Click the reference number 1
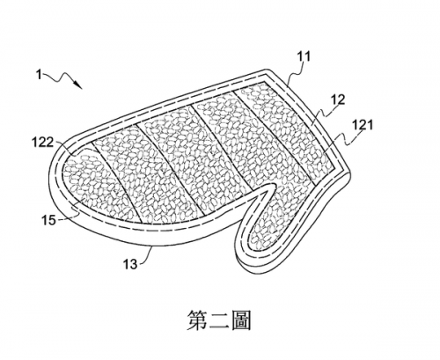click(x=39, y=75)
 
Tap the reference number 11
click(x=304, y=56)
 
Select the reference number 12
click(x=338, y=99)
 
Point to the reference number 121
click(x=363, y=125)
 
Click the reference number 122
click(x=42, y=143)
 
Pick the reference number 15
click(x=48, y=220)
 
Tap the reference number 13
click(x=130, y=264)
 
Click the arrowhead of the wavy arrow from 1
click(x=78, y=84)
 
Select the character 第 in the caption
click(x=197, y=320)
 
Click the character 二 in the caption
click(x=219, y=320)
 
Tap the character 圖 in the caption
click(x=241, y=320)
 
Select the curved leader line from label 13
click(x=147, y=254)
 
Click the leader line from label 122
click(x=64, y=148)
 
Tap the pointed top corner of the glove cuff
click(x=267, y=70)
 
